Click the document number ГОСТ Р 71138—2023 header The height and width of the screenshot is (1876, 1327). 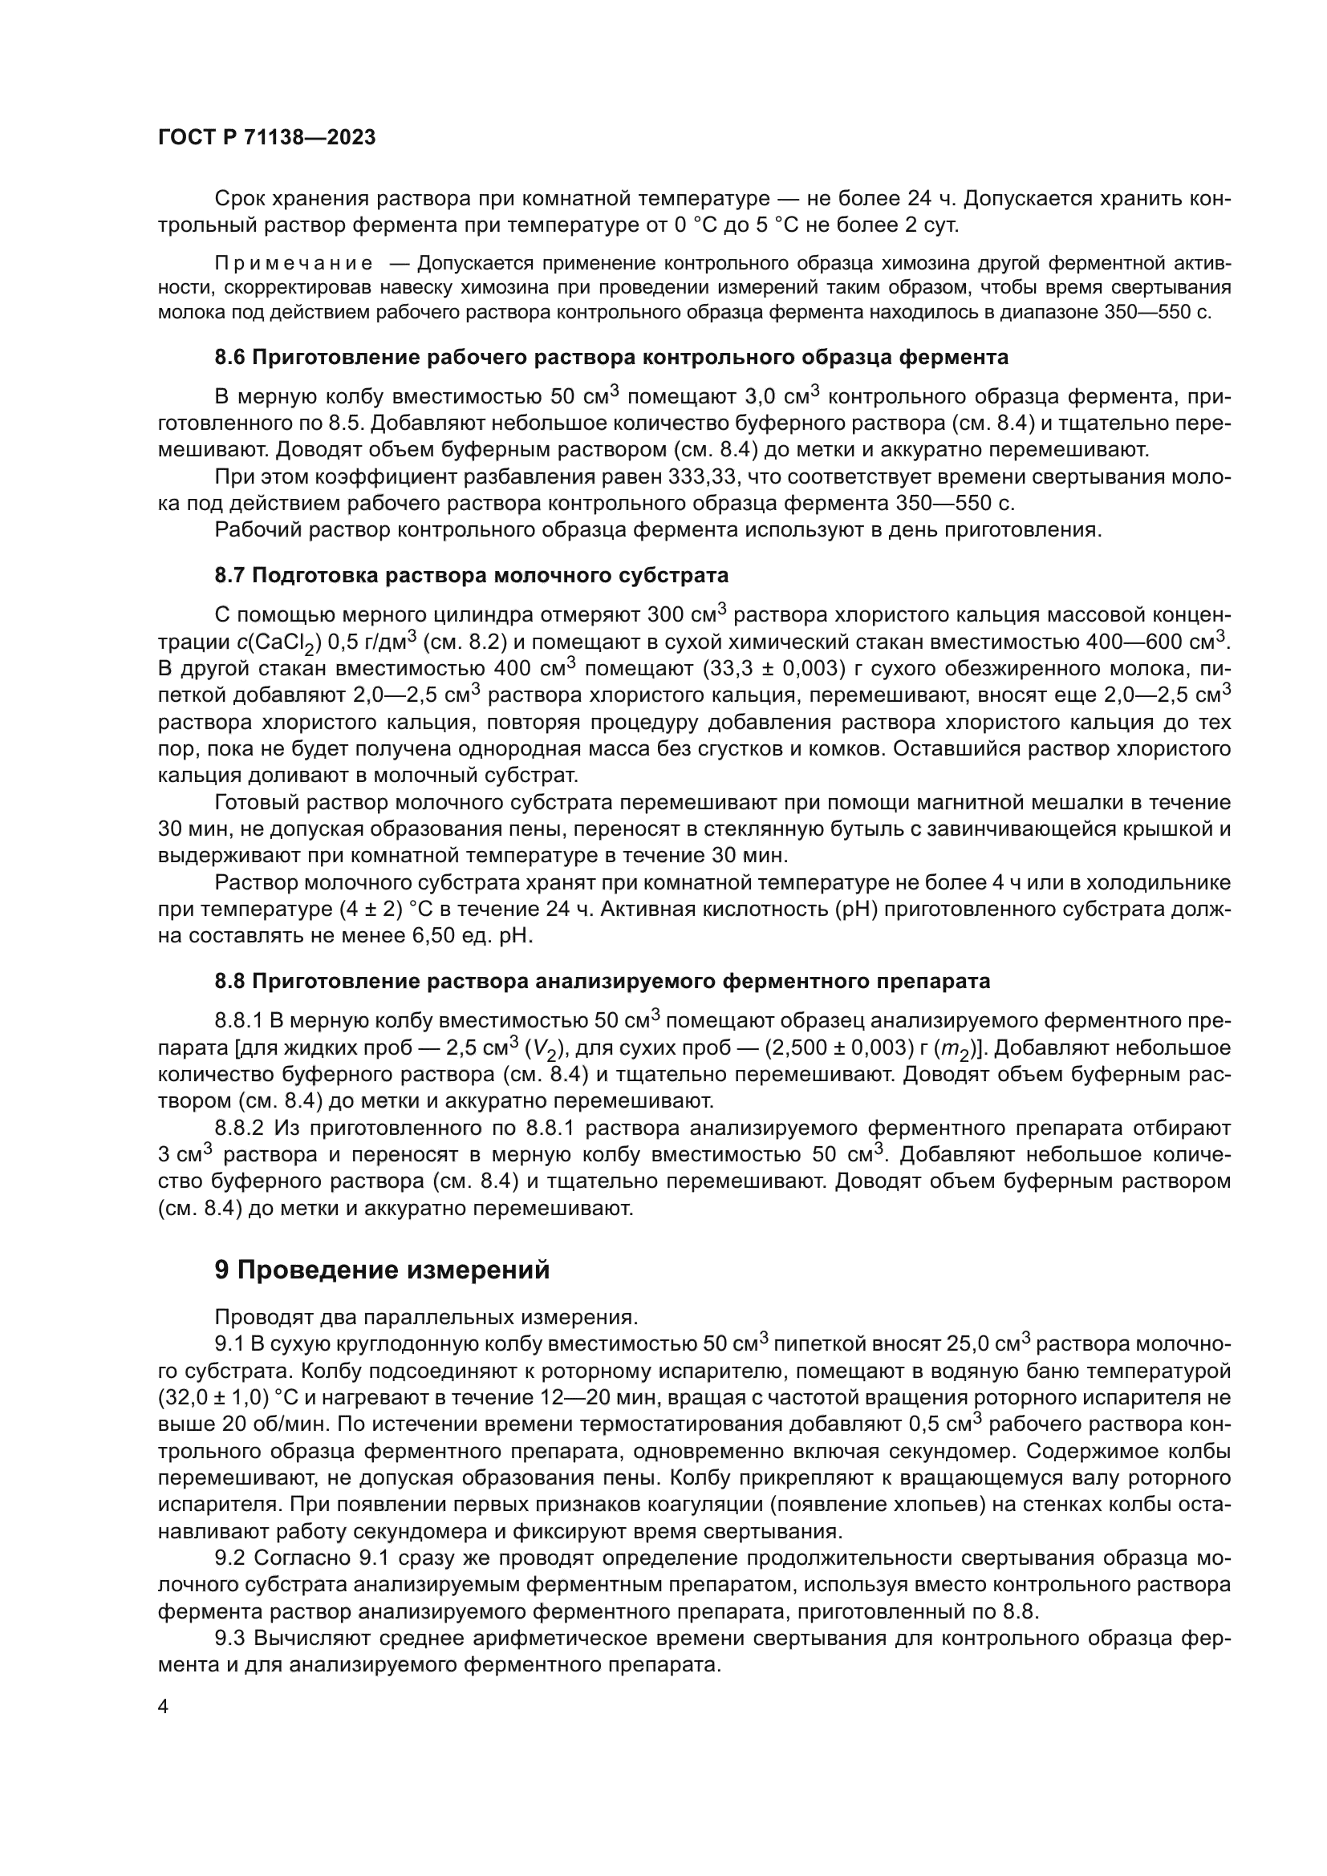266,138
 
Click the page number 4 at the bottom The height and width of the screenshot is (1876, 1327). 164,1708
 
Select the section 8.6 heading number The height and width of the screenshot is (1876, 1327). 229,357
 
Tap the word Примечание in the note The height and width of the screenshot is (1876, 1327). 294,263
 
